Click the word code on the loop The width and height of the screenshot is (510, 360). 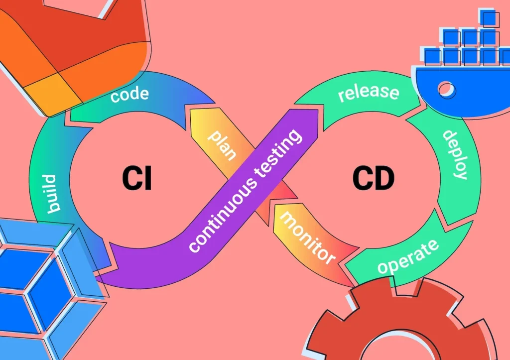[x=130, y=93]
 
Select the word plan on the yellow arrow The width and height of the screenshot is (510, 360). [x=222, y=145]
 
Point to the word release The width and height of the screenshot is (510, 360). [x=369, y=92]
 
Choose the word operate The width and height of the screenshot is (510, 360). [x=408, y=256]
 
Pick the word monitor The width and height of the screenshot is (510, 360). [x=307, y=237]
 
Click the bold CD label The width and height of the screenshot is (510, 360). [x=373, y=179]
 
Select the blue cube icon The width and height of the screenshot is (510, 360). [x=40, y=284]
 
